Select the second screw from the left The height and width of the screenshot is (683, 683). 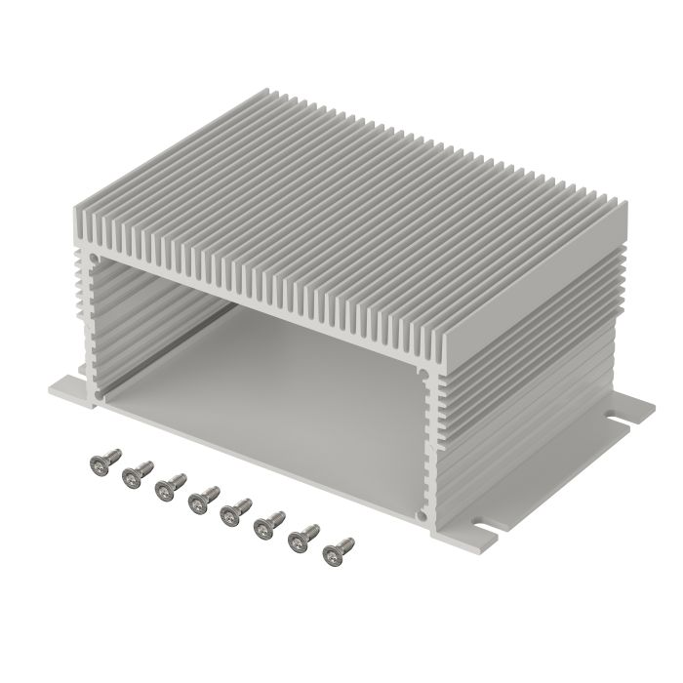(x=135, y=475)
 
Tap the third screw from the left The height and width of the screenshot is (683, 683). (x=168, y=484)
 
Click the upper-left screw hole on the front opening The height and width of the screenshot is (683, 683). (x=93, y=259)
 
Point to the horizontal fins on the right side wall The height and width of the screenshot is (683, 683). (x=527, y=390)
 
